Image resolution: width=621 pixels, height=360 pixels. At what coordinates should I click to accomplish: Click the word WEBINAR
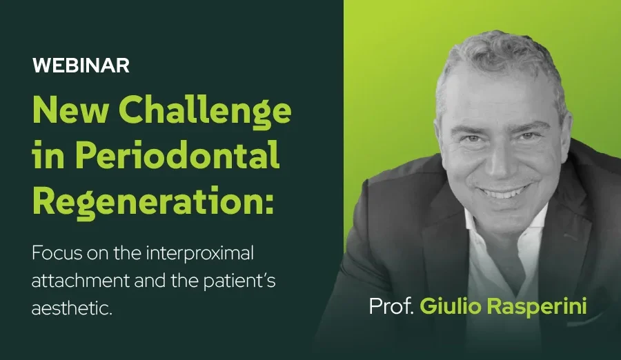tap(81, 66)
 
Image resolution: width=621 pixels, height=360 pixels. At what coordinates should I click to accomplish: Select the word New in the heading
tap(70, 110)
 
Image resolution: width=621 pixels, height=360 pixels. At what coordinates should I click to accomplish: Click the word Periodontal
tap(177, 156)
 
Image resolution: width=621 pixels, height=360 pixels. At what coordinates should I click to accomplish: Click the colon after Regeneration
tap(269, 204)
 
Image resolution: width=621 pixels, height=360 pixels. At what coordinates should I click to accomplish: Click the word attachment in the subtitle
tap(81, 281)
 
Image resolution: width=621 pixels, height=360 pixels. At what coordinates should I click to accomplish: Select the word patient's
tap(239, 281)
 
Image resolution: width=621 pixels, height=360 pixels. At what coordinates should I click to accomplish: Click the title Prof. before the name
tap(391, 306)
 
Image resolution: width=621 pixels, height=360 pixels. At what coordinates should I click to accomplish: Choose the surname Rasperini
tap(537, 307)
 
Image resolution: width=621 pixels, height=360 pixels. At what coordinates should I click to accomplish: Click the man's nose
tap(497, 161)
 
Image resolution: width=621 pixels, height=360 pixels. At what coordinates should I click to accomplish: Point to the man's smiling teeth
tap(503, 194)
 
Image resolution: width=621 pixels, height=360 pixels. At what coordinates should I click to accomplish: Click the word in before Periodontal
tap(48, 156)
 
